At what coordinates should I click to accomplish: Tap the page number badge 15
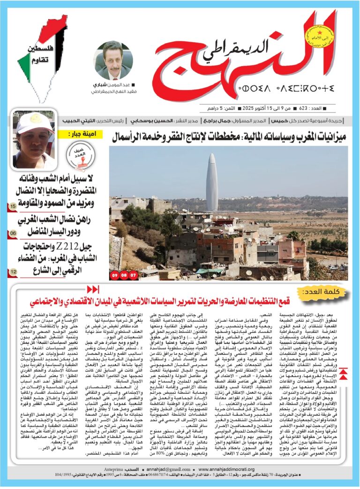[x=13, y=206]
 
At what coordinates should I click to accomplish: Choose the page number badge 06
[x=13, y=233]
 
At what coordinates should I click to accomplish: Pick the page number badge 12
[x=13, y=271]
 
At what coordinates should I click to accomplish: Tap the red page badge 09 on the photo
[x=115, y=276]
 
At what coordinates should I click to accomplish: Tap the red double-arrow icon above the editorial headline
[x=93, y=289]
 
